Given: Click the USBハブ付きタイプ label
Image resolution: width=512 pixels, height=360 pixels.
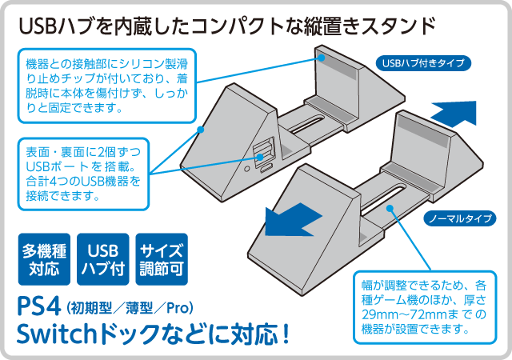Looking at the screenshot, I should (x=422, y=63).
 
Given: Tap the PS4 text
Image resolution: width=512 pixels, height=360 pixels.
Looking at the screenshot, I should (x=40, y=308).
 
